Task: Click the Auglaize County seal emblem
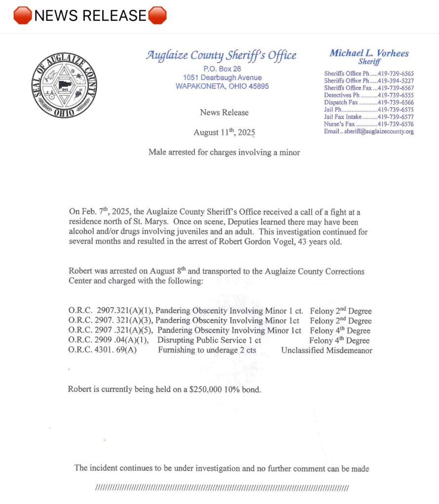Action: point(64,85)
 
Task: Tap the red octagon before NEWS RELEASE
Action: point(23,16)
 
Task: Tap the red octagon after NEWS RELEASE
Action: point(157,16)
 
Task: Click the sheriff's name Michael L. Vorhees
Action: point(369,53)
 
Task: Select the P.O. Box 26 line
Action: point(222,68)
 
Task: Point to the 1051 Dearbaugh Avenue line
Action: point(222,77)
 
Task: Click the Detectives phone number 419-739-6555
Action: point(395,95)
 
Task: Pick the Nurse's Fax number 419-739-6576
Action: point(395,124)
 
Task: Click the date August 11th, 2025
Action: point(224,132)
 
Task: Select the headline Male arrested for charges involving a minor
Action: point(224,152)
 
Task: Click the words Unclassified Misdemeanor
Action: point(327,350)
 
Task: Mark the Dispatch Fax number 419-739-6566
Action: point(395,102)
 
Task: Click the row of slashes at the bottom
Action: point(221,488)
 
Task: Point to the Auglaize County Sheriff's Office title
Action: point(221,56)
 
